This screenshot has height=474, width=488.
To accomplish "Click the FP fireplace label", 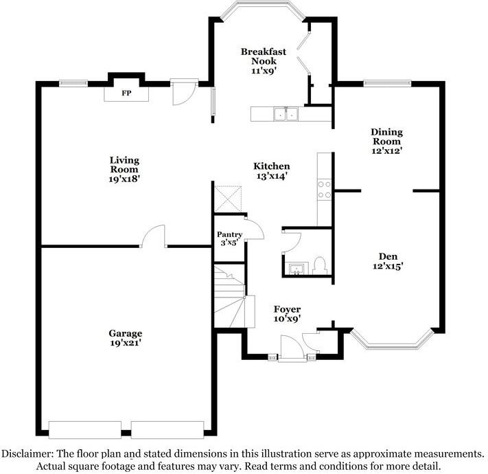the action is point(126,93).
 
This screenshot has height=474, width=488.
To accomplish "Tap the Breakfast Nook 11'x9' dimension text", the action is point(264,71).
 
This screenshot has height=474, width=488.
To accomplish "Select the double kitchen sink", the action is point(286,114).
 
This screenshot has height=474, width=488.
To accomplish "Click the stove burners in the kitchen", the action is point(324,190).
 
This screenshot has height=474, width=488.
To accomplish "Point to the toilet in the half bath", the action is point(319,266).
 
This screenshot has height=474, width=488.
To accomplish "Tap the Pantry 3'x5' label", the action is point(229,238).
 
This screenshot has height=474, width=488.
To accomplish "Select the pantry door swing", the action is point(254,229).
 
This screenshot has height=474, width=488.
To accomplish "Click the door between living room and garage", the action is point(153,236).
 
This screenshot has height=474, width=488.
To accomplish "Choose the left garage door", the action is point(85,430).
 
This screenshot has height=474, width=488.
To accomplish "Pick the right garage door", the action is point(167,430).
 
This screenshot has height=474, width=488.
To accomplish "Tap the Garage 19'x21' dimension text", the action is point(126,343).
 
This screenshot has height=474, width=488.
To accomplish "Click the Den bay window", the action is point(392,340).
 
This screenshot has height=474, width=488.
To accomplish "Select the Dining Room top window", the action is point(388,83).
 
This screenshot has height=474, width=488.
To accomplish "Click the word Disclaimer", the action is point(27,453).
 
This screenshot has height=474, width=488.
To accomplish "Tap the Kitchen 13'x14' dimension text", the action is point(272,176).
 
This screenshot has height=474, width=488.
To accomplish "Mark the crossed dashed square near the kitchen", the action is point(227,199).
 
